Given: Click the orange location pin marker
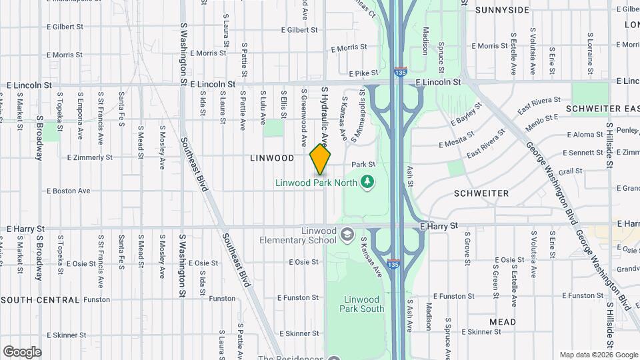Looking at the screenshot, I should click(321, 159).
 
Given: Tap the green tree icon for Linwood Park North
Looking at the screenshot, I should click(366, 181).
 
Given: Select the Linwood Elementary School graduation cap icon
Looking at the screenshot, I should click(347, 234).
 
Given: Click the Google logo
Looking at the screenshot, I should click(22, 352).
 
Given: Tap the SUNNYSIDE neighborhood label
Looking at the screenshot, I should click(502, 10).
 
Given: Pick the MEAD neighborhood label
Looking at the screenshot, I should click(502, 322).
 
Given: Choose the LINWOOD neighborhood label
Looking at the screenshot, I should click(272, 158).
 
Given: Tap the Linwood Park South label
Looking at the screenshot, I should click(361, 304).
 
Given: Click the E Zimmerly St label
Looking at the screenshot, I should click(90, 158).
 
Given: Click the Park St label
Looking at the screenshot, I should click(364, 164).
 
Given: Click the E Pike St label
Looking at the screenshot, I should click(363, 73).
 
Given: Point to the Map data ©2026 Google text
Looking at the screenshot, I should click(598, 355).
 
